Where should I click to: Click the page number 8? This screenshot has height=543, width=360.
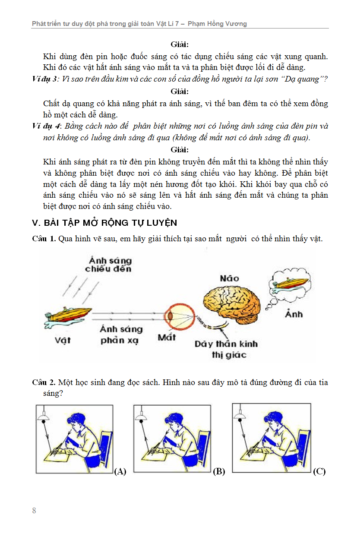[34, 511]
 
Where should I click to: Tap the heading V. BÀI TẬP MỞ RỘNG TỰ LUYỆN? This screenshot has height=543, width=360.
[104, 223]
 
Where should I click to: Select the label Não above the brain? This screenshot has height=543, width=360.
[229, 278]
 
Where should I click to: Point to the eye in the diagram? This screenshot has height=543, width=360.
[174, 316]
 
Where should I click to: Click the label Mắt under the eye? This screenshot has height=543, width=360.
[167, 337]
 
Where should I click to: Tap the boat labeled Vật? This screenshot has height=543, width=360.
[69, 316]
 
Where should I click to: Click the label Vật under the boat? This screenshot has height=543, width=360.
[63, 340]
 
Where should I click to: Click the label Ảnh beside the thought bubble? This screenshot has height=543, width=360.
[294, 314]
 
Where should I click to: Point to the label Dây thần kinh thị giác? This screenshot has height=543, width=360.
[226, 349]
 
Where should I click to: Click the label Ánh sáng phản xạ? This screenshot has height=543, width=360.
[121, 335]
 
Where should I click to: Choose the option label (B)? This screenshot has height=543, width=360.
[219, 471]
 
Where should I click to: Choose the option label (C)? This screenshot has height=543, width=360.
[319, 471]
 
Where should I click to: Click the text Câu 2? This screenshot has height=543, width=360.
[44, 382]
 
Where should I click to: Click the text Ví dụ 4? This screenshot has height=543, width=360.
[46, 126]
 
